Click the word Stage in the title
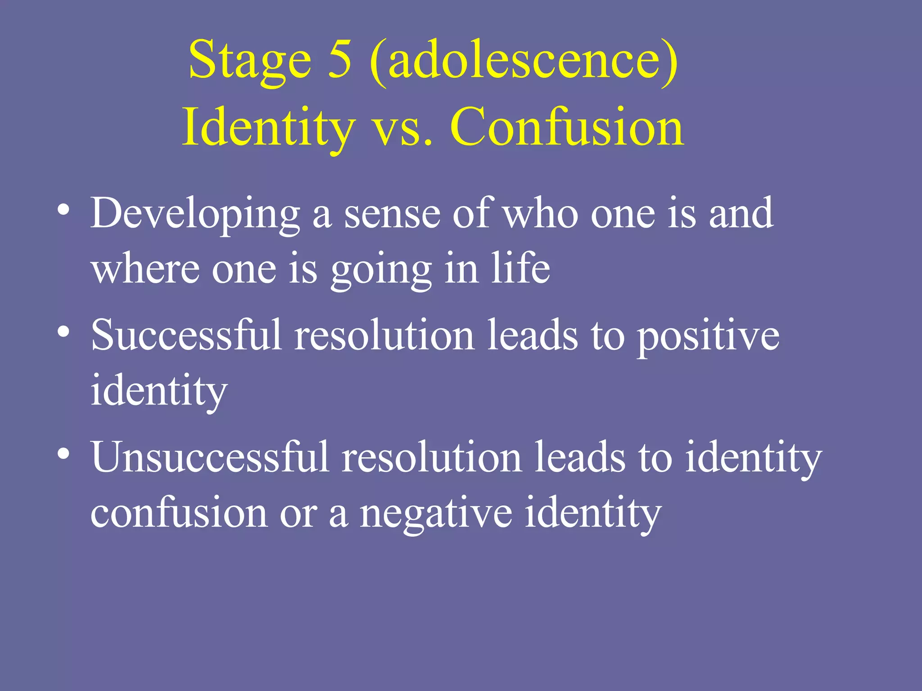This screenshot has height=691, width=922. tap(250, 61)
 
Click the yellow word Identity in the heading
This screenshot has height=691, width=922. tap(268, 128)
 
